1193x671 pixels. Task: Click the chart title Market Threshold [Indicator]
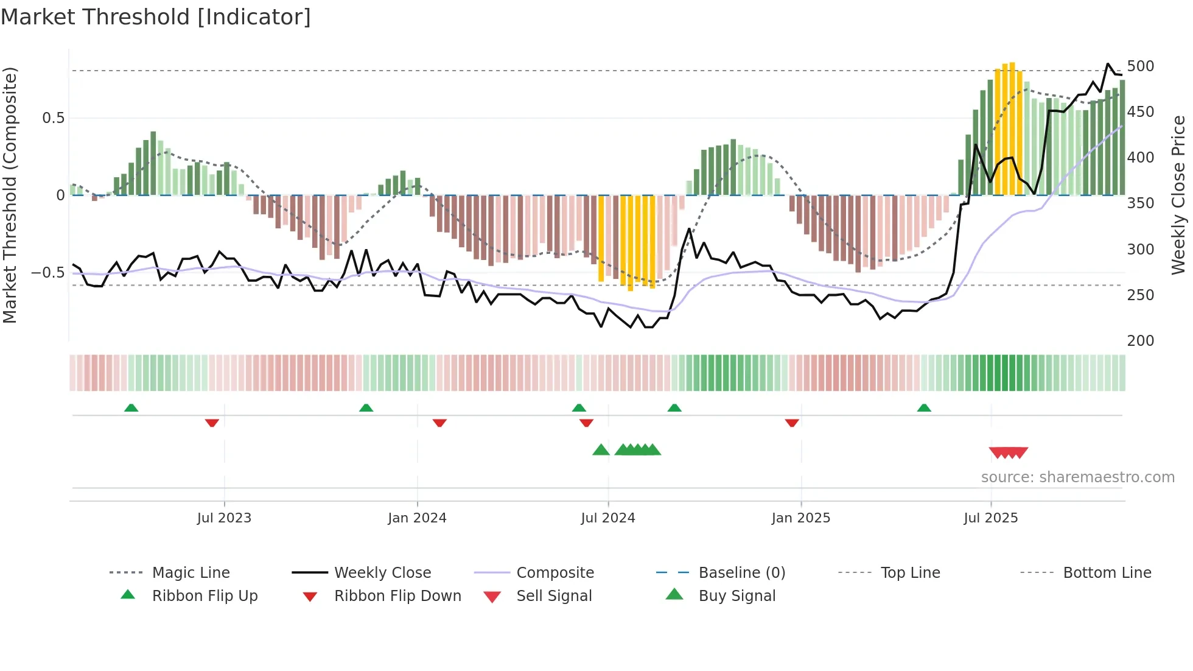coord(156,17)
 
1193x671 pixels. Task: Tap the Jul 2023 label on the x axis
coord(224,518)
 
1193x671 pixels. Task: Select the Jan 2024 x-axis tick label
coord(417,518)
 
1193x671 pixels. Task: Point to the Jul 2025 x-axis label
coord(990,518)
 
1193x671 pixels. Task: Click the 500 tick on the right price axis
coord(1140,66)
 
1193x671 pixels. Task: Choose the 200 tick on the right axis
coord(1140,340)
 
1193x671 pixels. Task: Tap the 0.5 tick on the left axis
coord(54,118)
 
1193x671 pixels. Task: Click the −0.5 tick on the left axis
coord(48,273)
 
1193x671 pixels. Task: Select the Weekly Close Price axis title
coord(1178,195)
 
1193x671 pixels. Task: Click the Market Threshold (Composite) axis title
coord(10,195)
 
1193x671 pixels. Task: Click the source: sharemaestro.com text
coord(1077,477)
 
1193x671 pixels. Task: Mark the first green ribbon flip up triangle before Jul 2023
coord(131,408)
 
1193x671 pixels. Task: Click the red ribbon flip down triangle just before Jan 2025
coord(791,423)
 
